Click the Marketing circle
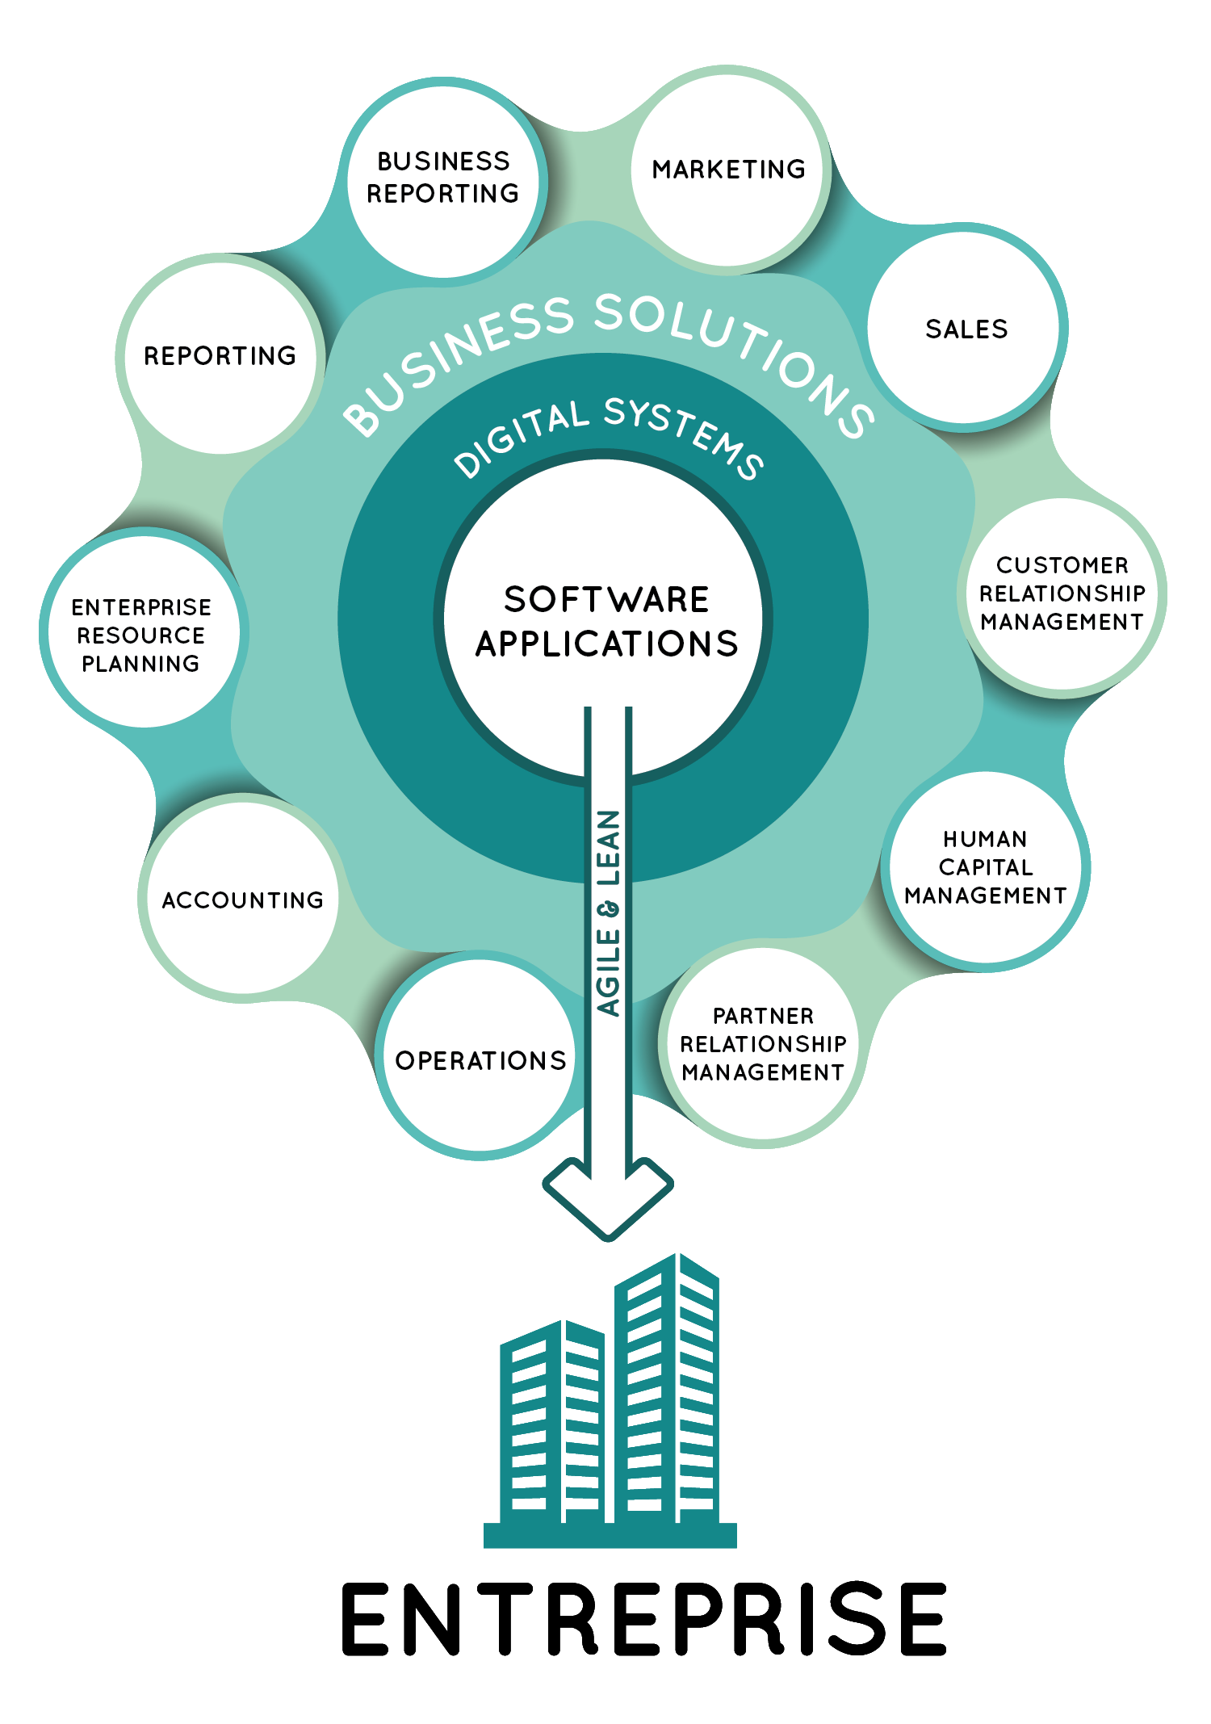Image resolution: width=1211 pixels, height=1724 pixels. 728,170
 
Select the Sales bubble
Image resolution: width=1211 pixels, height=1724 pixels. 966,329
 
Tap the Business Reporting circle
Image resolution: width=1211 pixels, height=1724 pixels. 443,178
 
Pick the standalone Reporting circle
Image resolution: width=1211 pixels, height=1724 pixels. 220,355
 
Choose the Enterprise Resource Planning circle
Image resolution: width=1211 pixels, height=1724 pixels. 142,635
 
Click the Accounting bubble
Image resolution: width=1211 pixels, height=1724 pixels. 242,900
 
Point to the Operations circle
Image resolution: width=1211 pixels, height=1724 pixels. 480,1059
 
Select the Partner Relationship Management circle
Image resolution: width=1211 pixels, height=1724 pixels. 763,1044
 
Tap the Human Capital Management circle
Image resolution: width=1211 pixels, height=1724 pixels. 985,867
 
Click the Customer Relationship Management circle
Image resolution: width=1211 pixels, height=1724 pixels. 1062,594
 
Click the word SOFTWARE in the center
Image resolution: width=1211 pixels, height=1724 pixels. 606,599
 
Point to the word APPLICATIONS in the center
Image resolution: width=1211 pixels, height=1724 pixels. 606,644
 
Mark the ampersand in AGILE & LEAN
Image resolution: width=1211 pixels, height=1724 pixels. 609,909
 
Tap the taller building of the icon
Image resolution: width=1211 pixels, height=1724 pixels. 667,1389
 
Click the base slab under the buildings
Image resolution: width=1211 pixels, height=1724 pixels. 610,1535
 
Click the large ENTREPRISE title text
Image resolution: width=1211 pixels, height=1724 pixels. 643,1619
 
